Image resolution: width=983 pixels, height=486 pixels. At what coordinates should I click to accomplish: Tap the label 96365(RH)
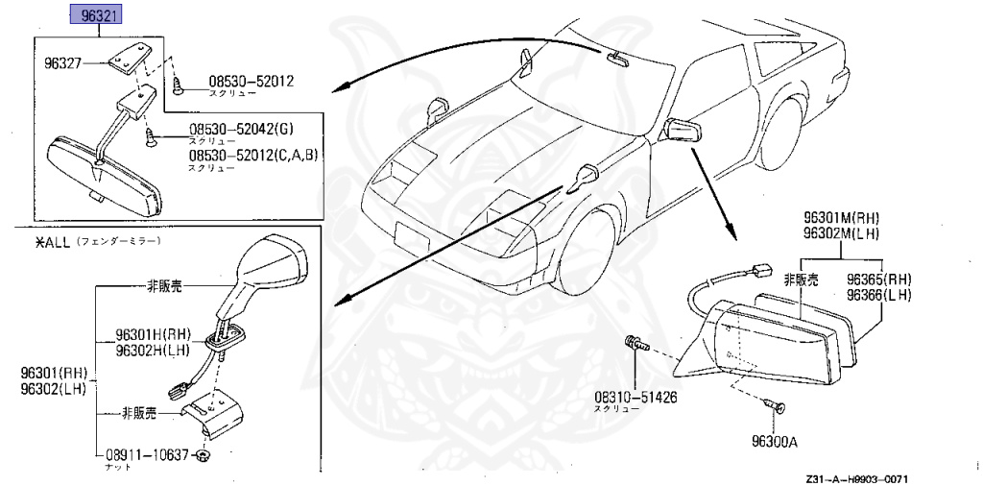[877, 279]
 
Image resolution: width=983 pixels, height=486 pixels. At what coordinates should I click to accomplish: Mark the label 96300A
[777, 443]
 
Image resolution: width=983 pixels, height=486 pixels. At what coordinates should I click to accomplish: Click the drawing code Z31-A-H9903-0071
[856, 477]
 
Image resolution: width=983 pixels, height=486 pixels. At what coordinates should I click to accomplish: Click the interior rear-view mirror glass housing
[106, 173]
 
